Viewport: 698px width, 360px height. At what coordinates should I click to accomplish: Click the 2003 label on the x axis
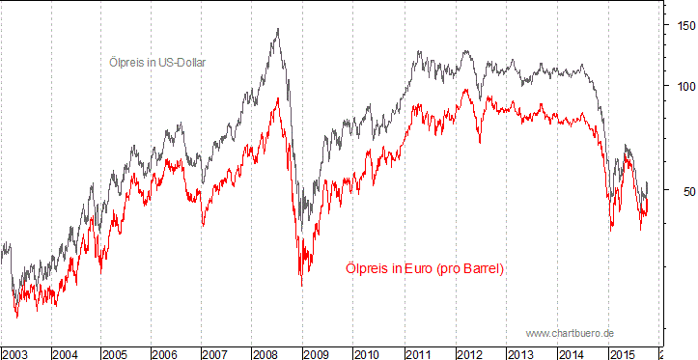coord(15,354)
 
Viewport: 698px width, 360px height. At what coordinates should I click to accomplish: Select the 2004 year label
coord(66,354)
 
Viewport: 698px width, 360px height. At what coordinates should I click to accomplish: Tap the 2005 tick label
coord(116,354)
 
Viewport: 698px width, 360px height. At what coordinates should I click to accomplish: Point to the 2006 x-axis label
coord(166,354)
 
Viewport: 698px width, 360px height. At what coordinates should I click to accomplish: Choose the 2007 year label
coord(215,354)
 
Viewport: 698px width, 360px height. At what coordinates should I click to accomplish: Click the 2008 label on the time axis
coord(265,354)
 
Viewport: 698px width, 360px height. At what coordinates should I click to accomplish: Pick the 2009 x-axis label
coord(316,354)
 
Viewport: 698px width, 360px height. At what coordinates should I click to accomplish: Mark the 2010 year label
coord(366,354)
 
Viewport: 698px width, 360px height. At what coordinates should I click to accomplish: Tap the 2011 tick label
coord(416,354)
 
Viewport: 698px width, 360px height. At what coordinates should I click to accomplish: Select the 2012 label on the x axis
coord(466,354)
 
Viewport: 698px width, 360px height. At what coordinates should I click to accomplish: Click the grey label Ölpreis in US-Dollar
coord(157,62)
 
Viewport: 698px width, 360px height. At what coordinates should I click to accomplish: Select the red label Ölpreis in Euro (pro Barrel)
coord(425,267)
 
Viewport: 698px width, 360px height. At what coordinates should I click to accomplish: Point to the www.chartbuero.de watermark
coord(570,333)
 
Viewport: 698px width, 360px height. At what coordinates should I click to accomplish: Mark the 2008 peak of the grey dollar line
coord(278,29)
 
